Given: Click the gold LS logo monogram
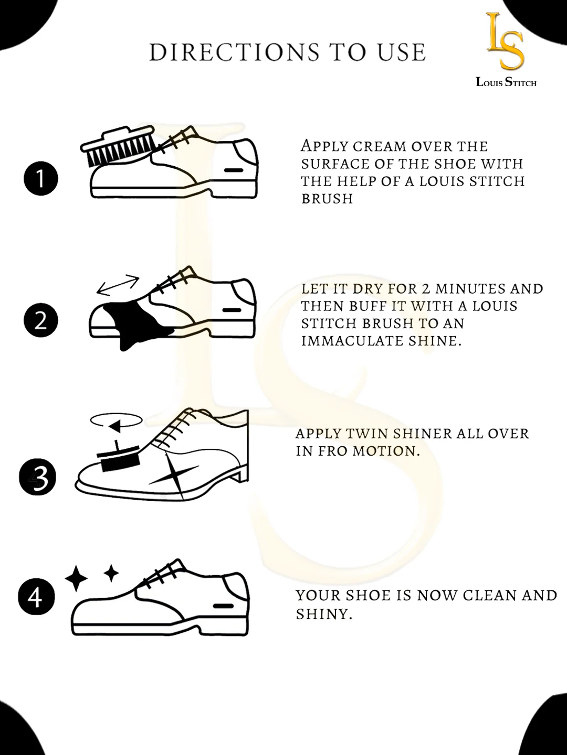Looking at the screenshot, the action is pos(505,41).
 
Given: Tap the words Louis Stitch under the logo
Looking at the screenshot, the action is pos(506,82).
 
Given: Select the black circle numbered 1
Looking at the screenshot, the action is pos(40,178).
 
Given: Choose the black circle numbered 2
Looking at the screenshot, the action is pos(40,320).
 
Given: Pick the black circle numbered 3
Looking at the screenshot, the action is pos(37,477).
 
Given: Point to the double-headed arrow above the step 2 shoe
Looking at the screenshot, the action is pos(118,285).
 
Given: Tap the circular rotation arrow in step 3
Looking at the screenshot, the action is pos(117,421).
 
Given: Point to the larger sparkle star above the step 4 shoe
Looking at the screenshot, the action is pos(77,578).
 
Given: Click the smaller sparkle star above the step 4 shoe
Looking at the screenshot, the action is pos(111,573).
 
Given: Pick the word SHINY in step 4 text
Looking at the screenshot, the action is pos(324,614).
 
